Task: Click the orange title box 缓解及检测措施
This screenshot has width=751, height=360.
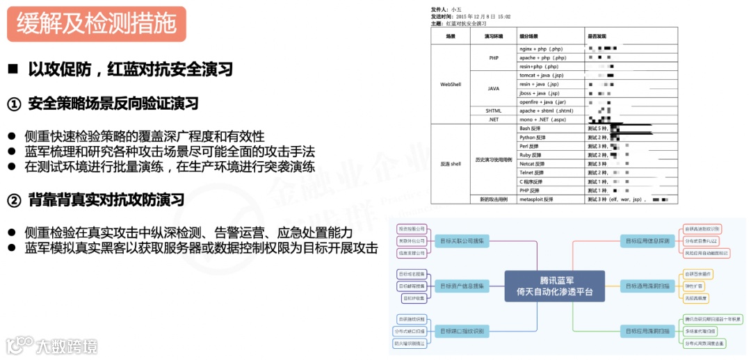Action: [96, 24]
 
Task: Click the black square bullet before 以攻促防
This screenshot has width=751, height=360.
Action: [13, 69]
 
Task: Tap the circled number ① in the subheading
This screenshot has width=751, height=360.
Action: [15, 104]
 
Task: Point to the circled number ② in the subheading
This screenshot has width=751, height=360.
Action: [15, 201]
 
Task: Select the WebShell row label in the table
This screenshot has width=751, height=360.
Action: [451, 84]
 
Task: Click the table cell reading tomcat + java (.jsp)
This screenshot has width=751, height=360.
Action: [541, 75]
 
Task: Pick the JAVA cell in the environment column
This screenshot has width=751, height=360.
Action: [493, 88]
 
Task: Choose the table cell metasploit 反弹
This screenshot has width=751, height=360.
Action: [536, 199]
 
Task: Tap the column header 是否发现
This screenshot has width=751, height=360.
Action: [597, 36]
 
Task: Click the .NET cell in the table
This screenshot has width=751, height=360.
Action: [493, 120]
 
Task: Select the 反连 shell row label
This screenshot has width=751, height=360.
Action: [451, 164]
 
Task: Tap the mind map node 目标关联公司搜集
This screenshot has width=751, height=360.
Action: [464, 240]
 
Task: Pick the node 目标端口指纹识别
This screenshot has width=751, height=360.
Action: [464, 331]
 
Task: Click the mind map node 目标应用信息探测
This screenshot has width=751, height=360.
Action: [647, 241]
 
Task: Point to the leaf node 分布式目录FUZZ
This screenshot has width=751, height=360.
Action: [701, 241]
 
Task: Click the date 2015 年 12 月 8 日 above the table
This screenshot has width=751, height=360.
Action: [481, 16]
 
